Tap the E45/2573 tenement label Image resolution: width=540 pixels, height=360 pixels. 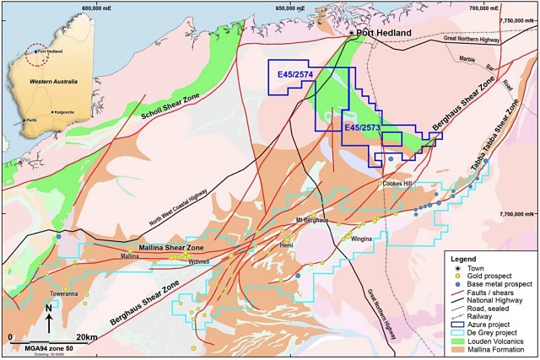(x=363, y=127)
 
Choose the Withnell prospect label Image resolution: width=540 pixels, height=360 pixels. (x=199, y=261)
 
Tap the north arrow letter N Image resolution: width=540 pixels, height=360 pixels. (x=48, y=308)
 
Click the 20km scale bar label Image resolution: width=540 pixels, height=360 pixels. (x=87, y=336)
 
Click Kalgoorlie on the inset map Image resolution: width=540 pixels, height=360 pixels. (x=67, y=111)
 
